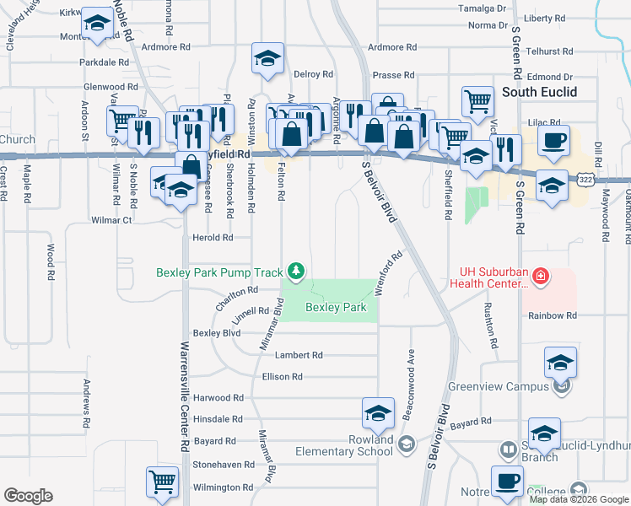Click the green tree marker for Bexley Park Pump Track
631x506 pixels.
pyautogui.click(x=295, y=271)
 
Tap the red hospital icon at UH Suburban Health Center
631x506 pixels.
pyautogui.click(x=540, y=276)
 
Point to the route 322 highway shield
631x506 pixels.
pyautogui.click(x=585, y=179)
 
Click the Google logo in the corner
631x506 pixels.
pyautogui.click(x=28, y=496)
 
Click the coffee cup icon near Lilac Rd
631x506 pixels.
pyautogui.click(x=553, y=141)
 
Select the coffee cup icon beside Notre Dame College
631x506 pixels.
pyautogui.click(x=507, y=482)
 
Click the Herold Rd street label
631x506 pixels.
pyautogui.click(x=212, y=238)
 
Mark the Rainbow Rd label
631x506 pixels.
pyautogui.click(x=553, y=315)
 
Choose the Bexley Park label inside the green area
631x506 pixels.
pyautogui.click(x=336, y=308)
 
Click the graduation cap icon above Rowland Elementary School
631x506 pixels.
pyautogui.click(x=378, y=413)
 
